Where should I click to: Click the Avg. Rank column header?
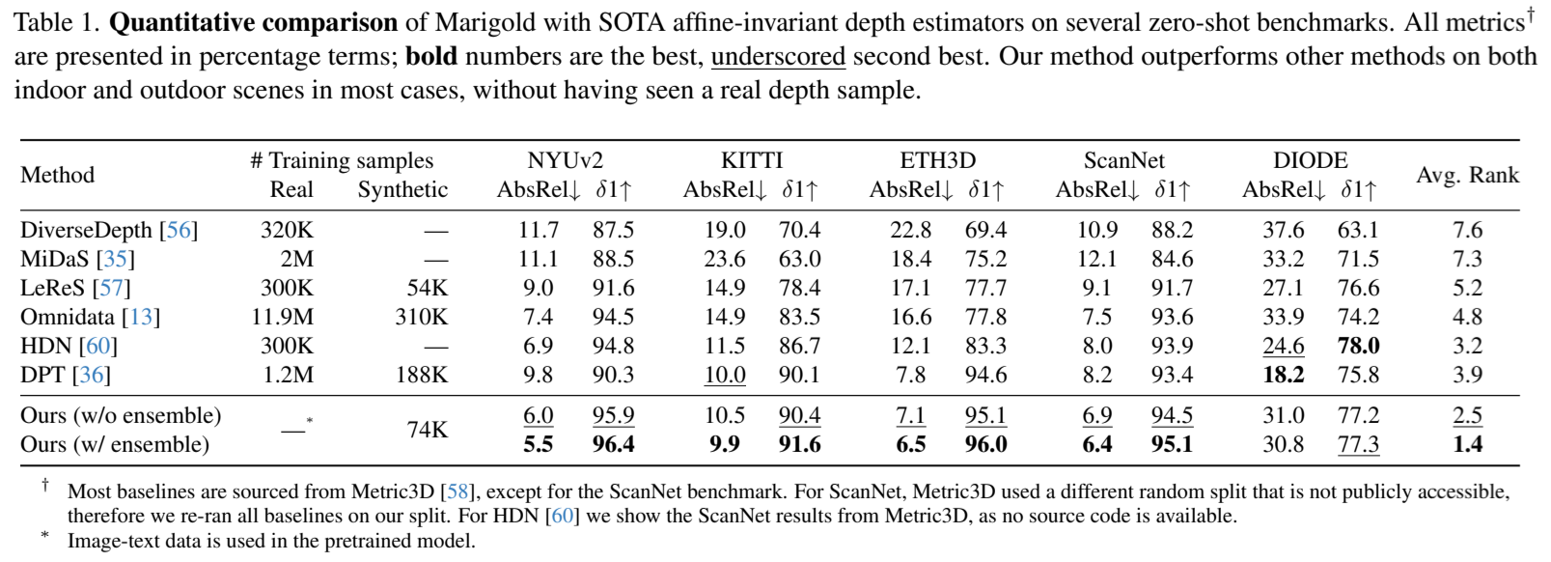pyautogui.click(x=1467, y=175)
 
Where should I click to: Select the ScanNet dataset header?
pyautogui.click(x=1123, y=160)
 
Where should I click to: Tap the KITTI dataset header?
pyautogui.click(x=752, y=160)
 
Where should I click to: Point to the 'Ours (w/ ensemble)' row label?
pyautogui.click(x=115, y=444)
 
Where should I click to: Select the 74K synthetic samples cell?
pyautogui.click(x=427, y=430)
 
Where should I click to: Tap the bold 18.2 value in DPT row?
pyautogui.click(x=1283, y=375)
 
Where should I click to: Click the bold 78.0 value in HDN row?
pyautogui.click(x=1358, y=346)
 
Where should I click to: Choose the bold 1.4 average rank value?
pyautogui.click(x=1467, y=444)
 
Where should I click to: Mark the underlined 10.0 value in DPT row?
pyautogui.click(x=725, y=375)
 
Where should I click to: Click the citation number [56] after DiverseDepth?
pyautogui.click(x=179, y=230)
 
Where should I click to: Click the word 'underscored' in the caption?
pyautogui.click(x=778, y=57)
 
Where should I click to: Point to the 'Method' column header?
pyautogui.click(x=58, y=175)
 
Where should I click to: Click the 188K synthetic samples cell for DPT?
pyautogui.click(x=422, y=375)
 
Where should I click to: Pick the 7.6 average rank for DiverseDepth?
pyautogui.click(x=1467, y=230)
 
